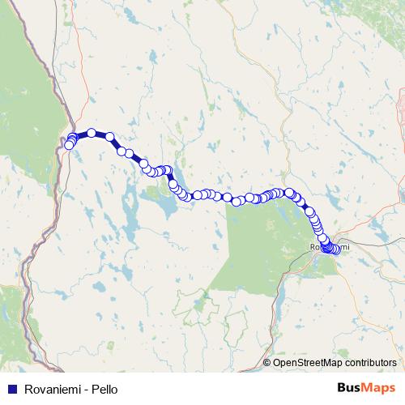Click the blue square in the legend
click(12, 390)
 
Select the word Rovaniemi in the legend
click(50, 390)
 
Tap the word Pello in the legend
click(104, 390)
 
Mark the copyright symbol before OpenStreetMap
click(267, 363)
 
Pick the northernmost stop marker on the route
click(92, 133)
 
